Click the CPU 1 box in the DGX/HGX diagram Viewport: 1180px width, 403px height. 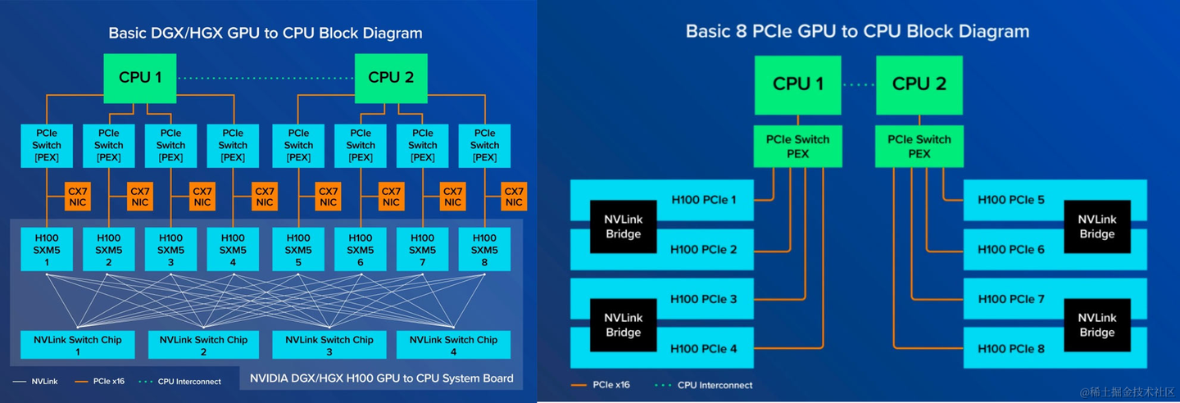pyautogui.click(x=140, y=78)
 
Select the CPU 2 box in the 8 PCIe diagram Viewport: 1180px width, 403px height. pyautogui.click(x=919, y=84)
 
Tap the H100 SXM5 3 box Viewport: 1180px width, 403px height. pyautogui.click(x=170, y=250)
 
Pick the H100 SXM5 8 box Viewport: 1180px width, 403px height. pyautogui.click(x=484, y=250)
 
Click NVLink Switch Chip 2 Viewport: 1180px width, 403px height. pyautogui.click(x=203, y=345)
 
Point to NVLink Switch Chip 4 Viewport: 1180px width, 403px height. pyautogui.click(x=453, y=345)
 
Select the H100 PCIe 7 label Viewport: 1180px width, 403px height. pyautogui.click(x=1011, y=300)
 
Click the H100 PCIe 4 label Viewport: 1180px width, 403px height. pyautogui.click(x=704, y=349)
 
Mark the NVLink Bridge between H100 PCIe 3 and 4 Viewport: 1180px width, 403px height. pyautogui.click(x=624, y=324)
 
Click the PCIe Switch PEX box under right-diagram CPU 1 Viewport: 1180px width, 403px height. pyautogui.click(x=797, y=146)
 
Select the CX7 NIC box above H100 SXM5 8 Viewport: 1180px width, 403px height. pyautogui.click(x=514, y=197)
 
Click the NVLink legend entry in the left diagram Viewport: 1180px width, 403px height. pyautogui.click(x=37, y=381)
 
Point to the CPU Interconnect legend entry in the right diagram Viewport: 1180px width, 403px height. pyautogui.click(x=704, y=385)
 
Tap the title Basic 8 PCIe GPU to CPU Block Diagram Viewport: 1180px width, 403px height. pyautogui.click(x=857, y=32)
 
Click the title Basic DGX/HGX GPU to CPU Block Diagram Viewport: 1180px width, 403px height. pyautogui.click(x=265, y=34)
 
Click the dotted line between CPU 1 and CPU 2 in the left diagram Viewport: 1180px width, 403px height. pyautogui.click(x=265, y=78)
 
